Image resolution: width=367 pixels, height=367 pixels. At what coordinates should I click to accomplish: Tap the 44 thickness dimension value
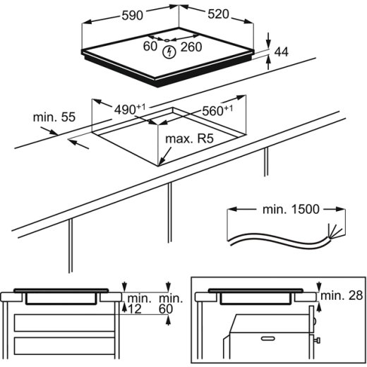coord(282,52)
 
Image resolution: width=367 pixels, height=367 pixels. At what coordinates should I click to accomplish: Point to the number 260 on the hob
coord(191,47)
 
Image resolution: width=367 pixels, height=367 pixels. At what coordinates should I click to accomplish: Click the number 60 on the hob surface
coord(149,47)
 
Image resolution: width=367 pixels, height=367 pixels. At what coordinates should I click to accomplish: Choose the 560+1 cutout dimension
coord(217,111)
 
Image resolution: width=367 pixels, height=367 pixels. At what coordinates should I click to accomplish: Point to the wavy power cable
coord(275,238)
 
